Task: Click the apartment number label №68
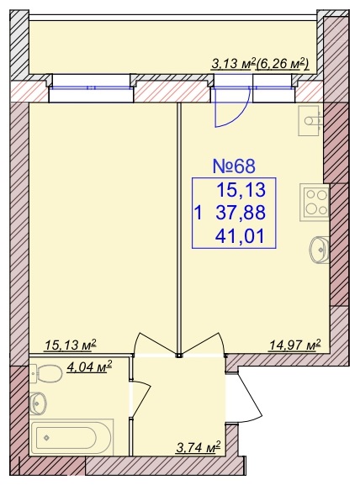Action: pyautogui.click(x=234, y=166)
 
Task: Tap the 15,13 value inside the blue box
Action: pyautogui.click(x=241, y=190)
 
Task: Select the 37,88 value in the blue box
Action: pyautogui.click(x=241, y=213)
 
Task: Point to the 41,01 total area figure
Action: pyautogui.click(x=241, y=236)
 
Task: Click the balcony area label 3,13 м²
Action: pyautogui.click(x=232, y=65)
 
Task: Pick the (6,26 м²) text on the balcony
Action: pyautogui.click(x=282, y=65)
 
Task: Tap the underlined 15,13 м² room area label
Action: pyautogui.click(x=71, y=345)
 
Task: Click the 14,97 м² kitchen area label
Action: pyautogui.click(x=295, y=345)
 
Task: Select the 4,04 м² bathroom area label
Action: pyautogui.click(x=89, y=368)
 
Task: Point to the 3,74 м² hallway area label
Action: pyautogui.click(x=198, y=446)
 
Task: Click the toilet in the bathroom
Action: pyautogui.click(x=45, y=373)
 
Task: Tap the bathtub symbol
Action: pyautogui.click(x=71, y=437)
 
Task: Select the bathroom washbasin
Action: pyautogui.click(x=39, y=403)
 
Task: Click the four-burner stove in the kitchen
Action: pyautogui.click(x=314, y=203)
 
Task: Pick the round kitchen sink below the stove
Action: pyautogui.click(x=319, y=250)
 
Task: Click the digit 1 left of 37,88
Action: pyautogui.click(x=199, y=214)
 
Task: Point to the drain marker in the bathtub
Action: pyautogui.click(x=46, y=438)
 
